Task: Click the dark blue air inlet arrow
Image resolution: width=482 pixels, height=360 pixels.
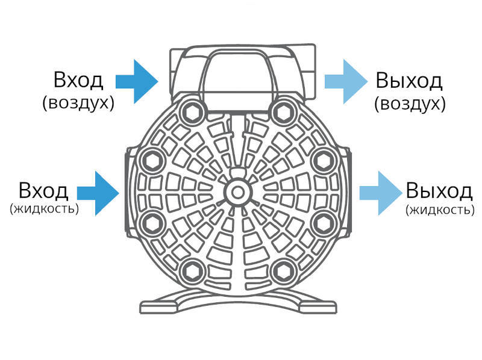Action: tap(137, 82)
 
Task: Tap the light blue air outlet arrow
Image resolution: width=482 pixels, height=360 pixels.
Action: tap(346, 82)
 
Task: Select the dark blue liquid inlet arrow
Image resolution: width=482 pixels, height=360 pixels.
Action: tap(98, 193)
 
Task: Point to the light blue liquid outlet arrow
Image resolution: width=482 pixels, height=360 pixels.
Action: tap(381, 193)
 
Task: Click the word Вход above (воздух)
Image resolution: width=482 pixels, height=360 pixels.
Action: tap(78, 80)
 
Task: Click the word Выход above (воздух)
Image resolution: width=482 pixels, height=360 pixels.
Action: tap(409, 81)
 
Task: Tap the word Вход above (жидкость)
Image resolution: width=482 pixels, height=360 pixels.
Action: tap(43, 190)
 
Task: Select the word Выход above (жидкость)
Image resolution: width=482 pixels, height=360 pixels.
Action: tap(439, 190)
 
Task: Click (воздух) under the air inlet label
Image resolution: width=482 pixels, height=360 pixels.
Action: tap(78, 103)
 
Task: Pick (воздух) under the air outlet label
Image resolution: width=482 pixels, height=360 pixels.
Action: tap(410, 104)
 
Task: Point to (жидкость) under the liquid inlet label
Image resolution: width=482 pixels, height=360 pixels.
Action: tap(44, 208)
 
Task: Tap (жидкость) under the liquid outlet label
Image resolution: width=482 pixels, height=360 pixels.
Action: tap(440, 209)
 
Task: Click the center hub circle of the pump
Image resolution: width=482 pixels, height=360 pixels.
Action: tap(237, 193)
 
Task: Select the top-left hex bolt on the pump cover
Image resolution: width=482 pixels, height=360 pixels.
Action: tap(193, 113)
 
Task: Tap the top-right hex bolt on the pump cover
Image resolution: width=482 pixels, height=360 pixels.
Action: tap(282, 113)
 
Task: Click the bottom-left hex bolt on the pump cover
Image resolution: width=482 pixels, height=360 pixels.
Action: tap(193, 272)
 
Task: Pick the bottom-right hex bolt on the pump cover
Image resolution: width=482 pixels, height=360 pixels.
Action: tap(282, 272)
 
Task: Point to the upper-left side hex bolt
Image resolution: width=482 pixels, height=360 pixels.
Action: tap(152, 161)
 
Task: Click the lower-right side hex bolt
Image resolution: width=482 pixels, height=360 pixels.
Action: tap(323, 224)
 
